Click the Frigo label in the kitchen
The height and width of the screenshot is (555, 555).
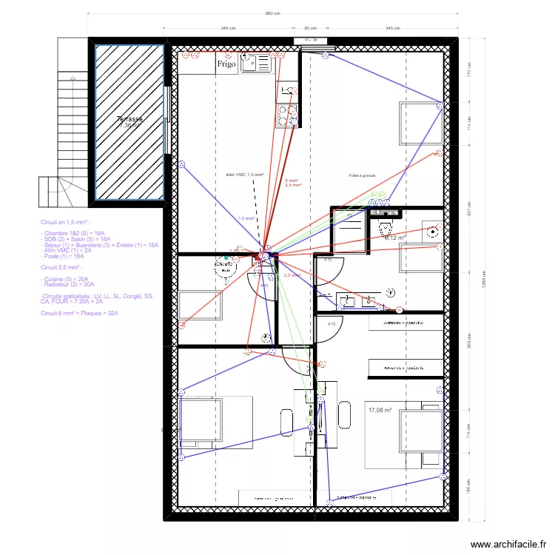(x=226, y=64)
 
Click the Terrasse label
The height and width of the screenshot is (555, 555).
(x=129, y=119)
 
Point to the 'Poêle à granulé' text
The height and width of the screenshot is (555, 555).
(x=363, y=175)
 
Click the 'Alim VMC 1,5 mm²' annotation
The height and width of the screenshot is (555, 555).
(x=245, y=175)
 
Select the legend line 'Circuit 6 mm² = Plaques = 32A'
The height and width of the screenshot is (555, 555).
(x=79, y=313)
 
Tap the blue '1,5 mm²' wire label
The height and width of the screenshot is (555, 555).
(x=246, y=218)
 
